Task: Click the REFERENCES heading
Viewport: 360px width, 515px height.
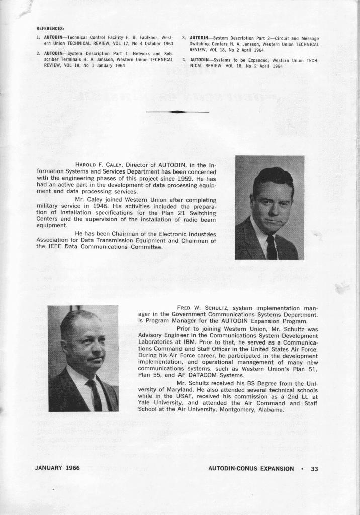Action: [50, 28]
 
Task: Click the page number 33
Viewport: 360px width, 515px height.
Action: [315, 468]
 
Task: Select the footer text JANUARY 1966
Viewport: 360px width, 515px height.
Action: [57, 468]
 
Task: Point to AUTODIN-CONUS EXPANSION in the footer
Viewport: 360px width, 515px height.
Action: [251, 468]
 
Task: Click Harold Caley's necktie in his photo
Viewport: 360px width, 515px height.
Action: [272, 247]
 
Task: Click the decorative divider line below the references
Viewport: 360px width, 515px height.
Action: [177, 111]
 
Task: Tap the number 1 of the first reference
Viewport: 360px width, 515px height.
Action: [38, 38]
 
